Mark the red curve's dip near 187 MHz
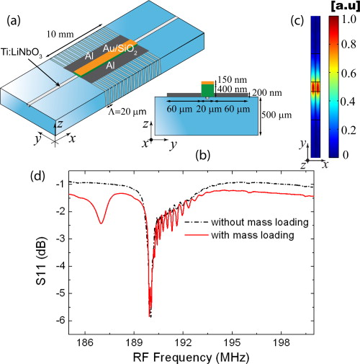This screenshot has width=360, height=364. [101, 223]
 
